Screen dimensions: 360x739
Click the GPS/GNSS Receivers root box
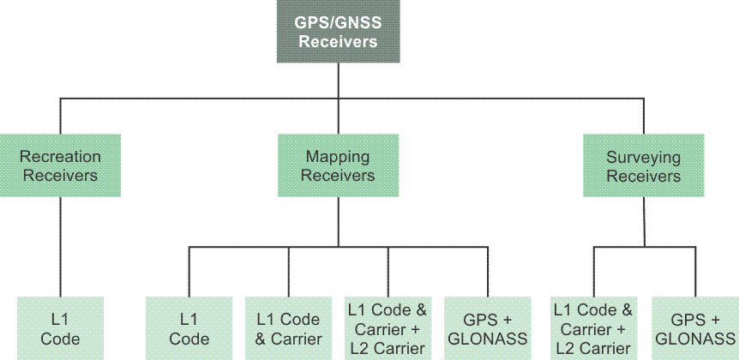[x=339, y=31]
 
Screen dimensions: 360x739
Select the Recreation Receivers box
[x=60, y=166]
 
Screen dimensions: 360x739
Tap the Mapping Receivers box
[x=338, y=166]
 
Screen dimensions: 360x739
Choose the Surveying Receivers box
[x=643, y=166]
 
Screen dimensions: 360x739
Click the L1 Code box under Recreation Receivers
[x=60, y=328]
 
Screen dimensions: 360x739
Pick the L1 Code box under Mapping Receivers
[x=189, y=328]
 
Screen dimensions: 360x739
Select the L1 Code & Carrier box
[x=288, y=328]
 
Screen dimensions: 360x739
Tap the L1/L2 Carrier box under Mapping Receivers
[x=388, y=328]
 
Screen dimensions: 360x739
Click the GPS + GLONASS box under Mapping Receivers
[x=488, y=328]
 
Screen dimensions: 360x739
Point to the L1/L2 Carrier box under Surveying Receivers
[x=594, y=328]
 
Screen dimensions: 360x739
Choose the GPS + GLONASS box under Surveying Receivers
[x=695, y=328]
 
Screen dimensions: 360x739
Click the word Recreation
[x=60, y=157]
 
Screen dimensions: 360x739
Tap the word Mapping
[x=338, y=157]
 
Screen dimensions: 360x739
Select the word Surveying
[x=643, y=157]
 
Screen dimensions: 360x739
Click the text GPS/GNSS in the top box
[x=339, y=22]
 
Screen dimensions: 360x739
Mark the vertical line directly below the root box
[x=339, y=81]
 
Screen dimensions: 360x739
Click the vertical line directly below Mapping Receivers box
[x=338, y=223]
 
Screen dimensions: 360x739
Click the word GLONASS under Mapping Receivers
[x=488, y=339]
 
